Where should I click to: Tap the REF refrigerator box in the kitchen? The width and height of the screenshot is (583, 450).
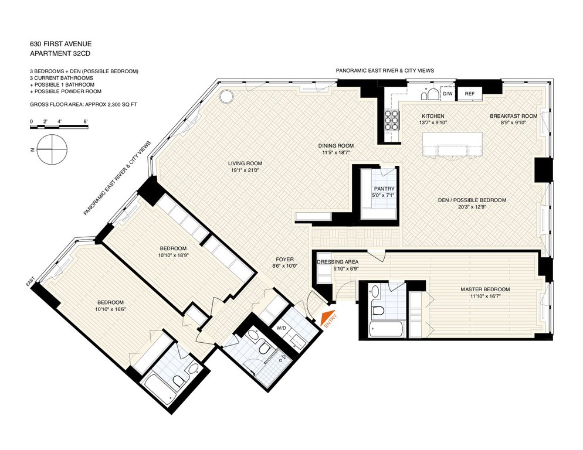point(469,94)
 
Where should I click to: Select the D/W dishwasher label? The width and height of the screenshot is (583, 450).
point(448,94)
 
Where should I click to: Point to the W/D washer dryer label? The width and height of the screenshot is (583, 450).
point(282,328)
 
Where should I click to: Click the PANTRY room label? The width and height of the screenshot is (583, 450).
point(384,189)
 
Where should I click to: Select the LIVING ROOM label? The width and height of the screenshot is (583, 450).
point(245,163)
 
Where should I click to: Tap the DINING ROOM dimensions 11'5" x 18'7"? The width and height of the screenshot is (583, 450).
point(335,152)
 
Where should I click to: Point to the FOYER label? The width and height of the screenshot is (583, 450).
point(284,260)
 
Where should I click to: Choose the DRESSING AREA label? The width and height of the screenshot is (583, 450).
point(338,261)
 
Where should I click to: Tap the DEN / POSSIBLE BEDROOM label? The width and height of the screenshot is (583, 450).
point(472,200)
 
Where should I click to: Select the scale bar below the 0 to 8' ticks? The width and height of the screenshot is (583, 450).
point(59,127)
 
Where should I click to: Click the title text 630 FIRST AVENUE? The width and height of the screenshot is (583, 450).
point(60,44)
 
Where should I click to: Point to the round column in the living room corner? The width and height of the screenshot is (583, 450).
point(226,98)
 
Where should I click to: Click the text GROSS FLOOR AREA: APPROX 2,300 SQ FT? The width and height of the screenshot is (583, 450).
point(84,104)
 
